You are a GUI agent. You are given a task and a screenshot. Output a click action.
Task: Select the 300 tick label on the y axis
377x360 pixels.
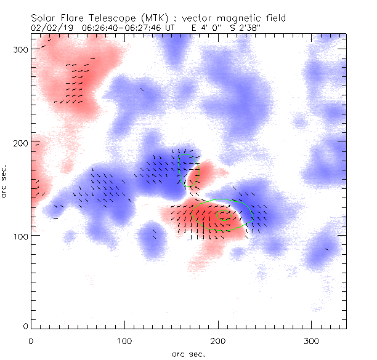click(21, 49)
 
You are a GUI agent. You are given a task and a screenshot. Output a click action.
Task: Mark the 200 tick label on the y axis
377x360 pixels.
click(21, 143)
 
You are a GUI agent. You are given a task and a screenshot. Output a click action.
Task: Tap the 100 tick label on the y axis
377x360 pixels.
click(21, 236)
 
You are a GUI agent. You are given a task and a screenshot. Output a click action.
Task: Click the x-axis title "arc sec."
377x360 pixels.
click(187, 353)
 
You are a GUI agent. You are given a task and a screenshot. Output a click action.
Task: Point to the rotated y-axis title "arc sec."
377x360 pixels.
click(5, 182)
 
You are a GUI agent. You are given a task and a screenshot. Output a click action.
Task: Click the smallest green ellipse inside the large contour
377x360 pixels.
click(224, 216)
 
